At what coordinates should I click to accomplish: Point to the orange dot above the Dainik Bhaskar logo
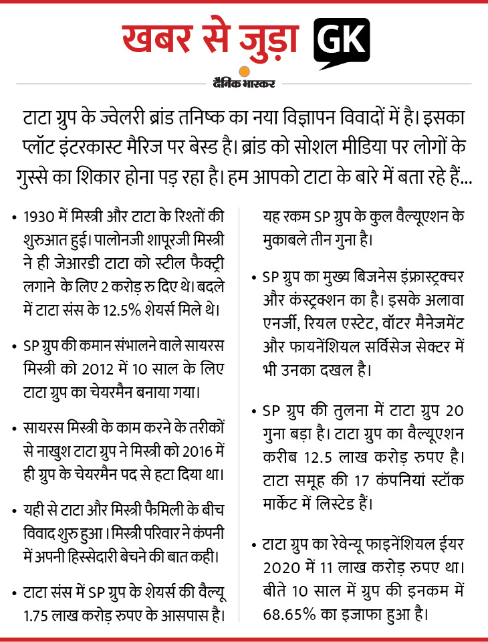coord(244,72)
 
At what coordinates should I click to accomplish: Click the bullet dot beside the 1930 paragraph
coord(15,218)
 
